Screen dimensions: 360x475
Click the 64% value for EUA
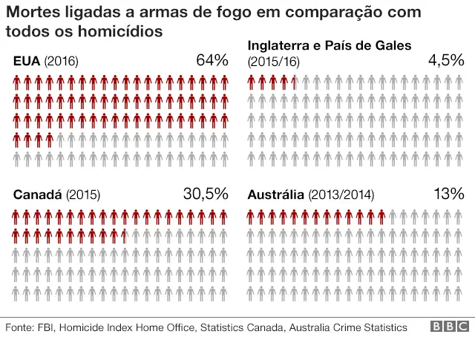pyautogui.click(x=212, y=60)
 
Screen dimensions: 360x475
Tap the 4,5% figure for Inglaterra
pyautogui.click(x=445, y=60)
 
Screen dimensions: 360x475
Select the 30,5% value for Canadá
pyautogui.click(x=205, y=194)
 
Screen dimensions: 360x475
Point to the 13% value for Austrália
pyautogui.click(x=448, y=194)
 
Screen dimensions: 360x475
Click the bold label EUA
pyautogui.click(x=27, y=62)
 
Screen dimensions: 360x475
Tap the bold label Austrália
pyautogui.click(x=275, y=195)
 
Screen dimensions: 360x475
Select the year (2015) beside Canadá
pyautogui.click(x=83, y=195)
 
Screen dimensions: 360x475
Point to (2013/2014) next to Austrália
pyautogui.click(x=340, y=195)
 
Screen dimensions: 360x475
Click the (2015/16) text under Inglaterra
pyautogui.click(x=272, y=61)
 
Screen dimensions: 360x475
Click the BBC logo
pyautogui.click(x=450, y=327)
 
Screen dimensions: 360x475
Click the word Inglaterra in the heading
pyautogui.click(x=282, y=46)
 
